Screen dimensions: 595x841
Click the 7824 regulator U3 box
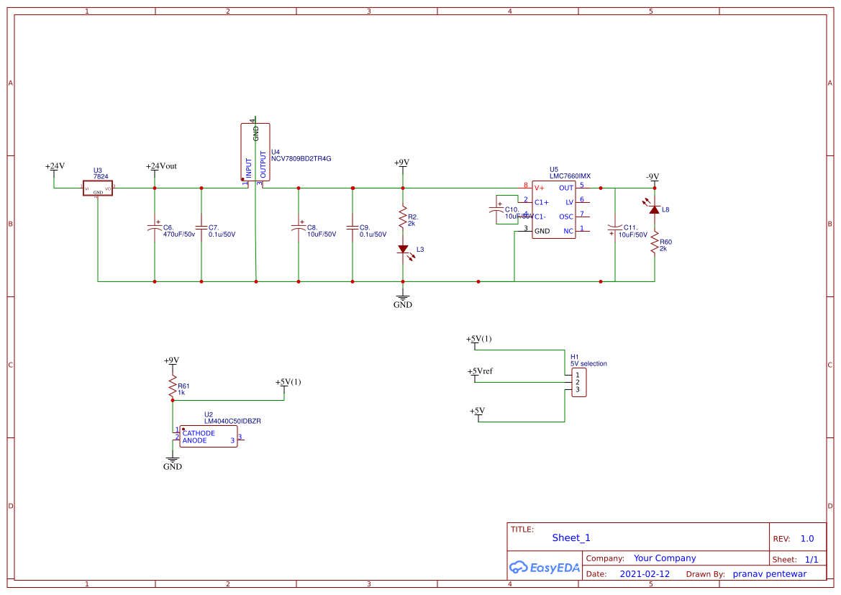pyautogui.click(x=97, y=189)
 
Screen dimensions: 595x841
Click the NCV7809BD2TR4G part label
pyautogui.click(x=301, y=158)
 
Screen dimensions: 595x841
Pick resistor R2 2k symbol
pyautogui.click(x=403, y=216)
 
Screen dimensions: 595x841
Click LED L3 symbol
pyautogui.click(x=403, y=249)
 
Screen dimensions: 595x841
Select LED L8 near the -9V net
pyautogui.click(x=654, y=209)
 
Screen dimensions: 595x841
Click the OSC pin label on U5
pyautogui.click(x=566, y=217)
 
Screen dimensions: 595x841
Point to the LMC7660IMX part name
pyautogui.click(x=570, y=176)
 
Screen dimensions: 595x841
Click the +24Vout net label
pyautogui.click(x=161, y=166)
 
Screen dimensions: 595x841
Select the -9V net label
pyautogui.click(x=652, y=177)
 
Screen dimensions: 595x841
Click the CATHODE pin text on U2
pyautogui.click(x=199, y=433)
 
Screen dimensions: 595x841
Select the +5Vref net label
pyautogui.click(x=481, y=371)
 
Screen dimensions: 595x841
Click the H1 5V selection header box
pyautogui.click(x=578, y=383)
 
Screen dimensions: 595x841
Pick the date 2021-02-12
pyautogui.click(x=645, y=574)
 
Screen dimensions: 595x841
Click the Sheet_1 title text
pyautogui.click(x=571, y=537)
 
